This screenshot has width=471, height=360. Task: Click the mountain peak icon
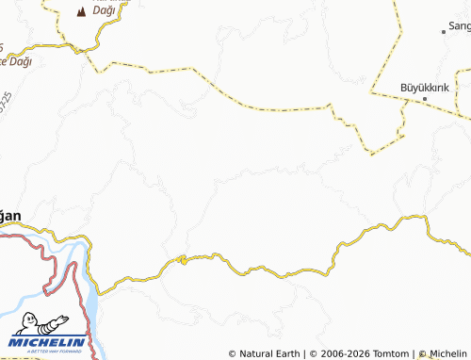(79, 12)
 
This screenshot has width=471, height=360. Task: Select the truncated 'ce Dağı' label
(16, 61)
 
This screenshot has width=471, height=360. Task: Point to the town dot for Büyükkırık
(424, 98)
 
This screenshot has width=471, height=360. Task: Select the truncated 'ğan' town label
(9, 216)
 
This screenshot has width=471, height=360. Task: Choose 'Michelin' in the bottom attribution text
(447, 353)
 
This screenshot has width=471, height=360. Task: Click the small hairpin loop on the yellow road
(182, 259)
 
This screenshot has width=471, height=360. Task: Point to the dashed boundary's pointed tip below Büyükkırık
(372, 153)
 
